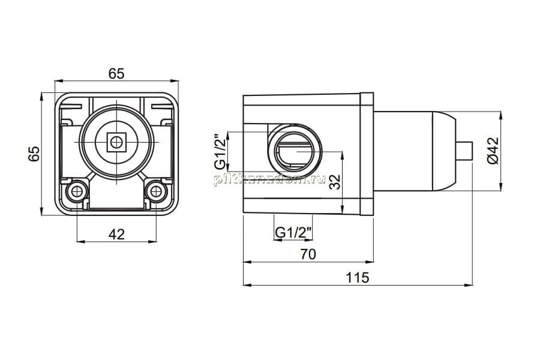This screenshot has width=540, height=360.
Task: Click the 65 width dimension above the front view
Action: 116,73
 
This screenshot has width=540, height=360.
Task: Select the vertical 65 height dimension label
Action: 34,154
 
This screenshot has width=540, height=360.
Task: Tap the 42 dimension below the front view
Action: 116,234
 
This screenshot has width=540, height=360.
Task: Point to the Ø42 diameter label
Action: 494,150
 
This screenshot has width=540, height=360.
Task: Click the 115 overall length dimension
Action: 358,277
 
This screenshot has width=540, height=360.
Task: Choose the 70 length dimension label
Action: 308,254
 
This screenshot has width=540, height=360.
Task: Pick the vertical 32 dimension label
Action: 334,182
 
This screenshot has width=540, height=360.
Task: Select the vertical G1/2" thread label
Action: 220,152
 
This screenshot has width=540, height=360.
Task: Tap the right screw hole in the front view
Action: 156,191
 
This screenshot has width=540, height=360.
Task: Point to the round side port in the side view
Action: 295,151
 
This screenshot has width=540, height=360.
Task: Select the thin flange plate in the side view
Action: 367,154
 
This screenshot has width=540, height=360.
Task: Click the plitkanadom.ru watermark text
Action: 269,179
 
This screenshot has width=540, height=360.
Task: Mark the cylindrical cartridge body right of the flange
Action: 415,151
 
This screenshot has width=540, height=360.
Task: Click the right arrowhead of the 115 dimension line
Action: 469,285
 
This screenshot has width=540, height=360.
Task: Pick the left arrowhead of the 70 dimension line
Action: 247,262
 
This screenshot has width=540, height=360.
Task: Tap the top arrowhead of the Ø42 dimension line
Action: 500,115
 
